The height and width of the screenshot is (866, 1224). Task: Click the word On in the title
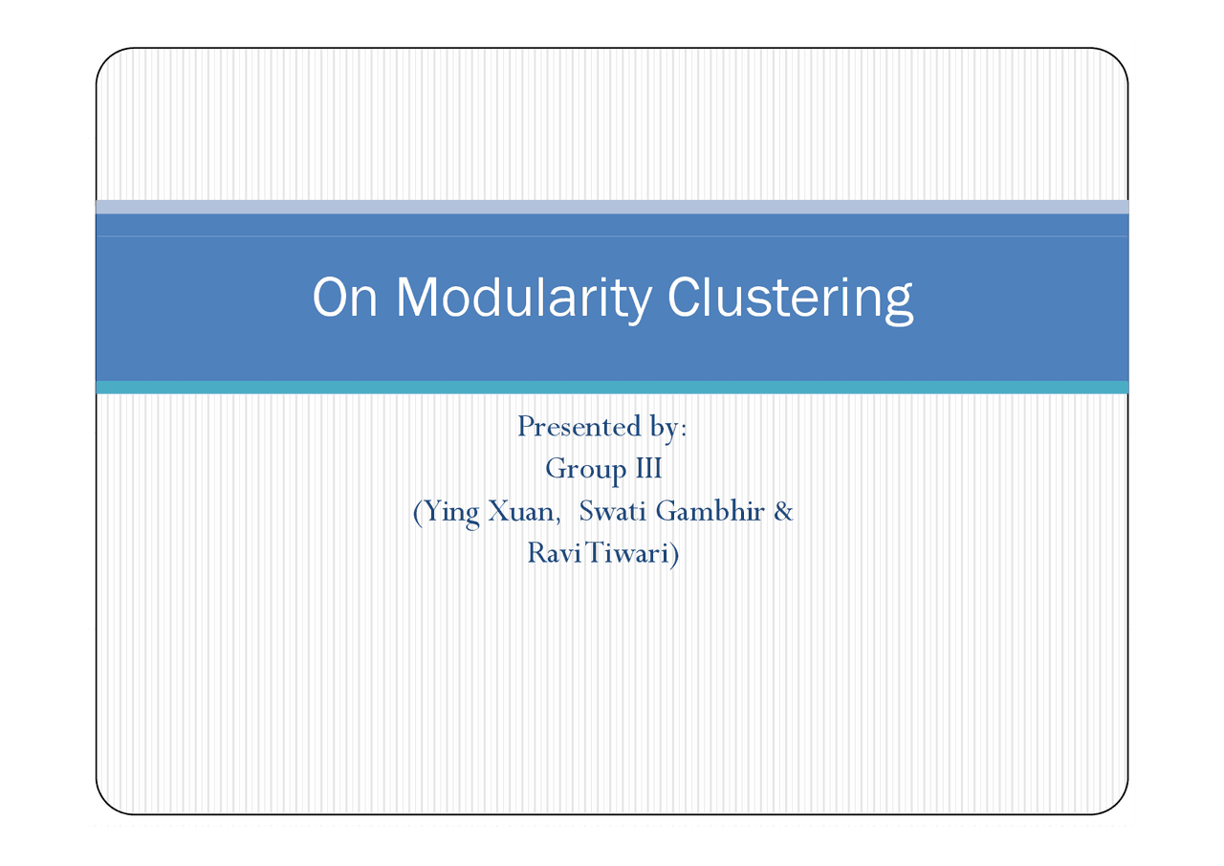pos(345,298)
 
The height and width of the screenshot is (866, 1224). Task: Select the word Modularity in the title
pos(524,298)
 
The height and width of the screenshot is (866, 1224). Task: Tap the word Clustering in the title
pos(789,298)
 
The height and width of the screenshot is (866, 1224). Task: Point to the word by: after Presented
pos(666,428)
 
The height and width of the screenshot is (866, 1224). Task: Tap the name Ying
pos(451,512)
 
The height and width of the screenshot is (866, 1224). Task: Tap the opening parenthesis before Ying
pos(416,512)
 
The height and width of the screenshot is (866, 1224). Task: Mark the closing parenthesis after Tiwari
pos(674,554)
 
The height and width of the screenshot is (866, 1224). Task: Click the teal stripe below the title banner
pos(612,387)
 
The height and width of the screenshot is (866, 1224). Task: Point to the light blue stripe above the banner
pos(612,207)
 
